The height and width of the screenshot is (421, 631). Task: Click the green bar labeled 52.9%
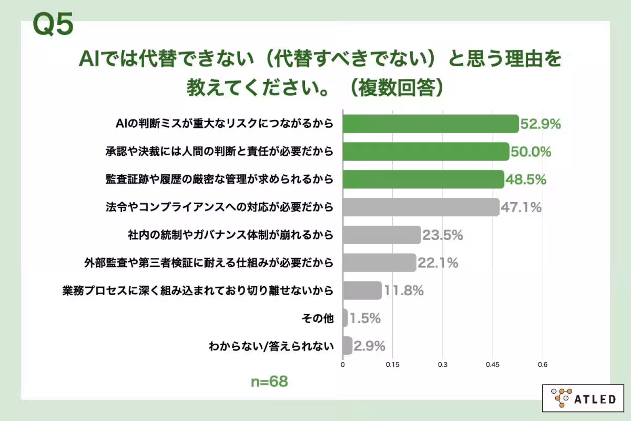click(x=430, y=124)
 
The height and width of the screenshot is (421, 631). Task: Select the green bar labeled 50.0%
click(x=425, y=152)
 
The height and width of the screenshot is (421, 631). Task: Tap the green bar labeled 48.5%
click(x=423, y=179)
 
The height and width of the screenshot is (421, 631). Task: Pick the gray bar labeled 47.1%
click(x=421, y=207)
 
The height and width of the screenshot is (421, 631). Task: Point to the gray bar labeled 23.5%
click(x=382, y=235)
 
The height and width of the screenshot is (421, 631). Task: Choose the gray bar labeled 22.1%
click(x=379, y=263)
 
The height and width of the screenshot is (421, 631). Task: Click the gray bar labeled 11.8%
click(x=362, y=290)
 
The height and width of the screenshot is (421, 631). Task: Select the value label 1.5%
click(x=365, y=318)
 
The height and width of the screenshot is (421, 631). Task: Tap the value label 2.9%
click(x=370, y=346)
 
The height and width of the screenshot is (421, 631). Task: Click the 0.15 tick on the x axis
click(x=393, y=364)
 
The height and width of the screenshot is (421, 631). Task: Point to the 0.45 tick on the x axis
click(x=493, y=364)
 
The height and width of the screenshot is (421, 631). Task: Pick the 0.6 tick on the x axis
click(x=542, y=364)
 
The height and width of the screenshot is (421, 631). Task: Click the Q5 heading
click(x=53, y=25)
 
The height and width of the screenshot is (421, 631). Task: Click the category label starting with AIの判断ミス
click(x=225, y=124)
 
